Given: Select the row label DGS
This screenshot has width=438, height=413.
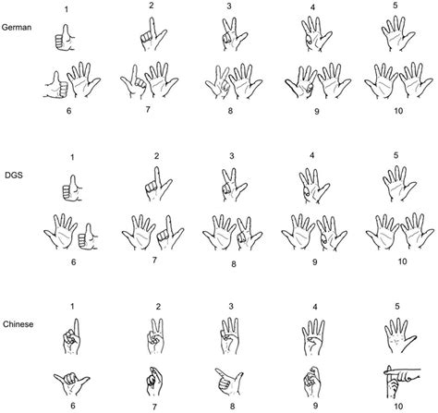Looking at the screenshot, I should (x=13, y=171).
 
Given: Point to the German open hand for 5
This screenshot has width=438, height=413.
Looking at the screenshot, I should (x=397, y=37).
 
